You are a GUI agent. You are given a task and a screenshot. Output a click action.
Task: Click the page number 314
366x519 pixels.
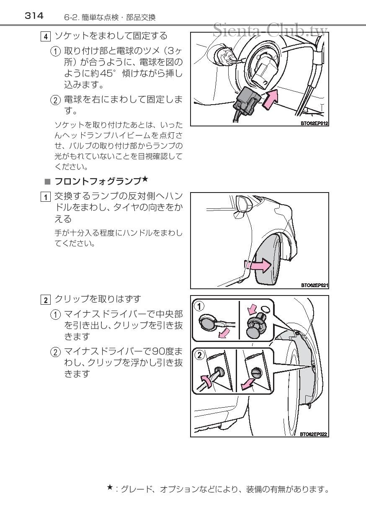[34, 16]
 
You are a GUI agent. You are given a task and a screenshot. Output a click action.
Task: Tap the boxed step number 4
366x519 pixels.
[45, 36]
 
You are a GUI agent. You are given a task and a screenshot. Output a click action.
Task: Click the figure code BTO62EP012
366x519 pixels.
[314, 123]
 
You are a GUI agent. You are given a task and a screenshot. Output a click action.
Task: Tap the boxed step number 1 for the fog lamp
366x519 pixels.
[44, 196]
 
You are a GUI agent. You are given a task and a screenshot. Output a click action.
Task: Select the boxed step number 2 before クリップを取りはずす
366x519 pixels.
[44, 300]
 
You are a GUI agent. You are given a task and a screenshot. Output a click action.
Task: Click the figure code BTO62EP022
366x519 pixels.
[314, 434]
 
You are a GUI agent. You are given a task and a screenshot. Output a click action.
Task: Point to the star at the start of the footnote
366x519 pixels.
[110, 487]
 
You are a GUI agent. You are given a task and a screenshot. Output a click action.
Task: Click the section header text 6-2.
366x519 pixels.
[70, 18]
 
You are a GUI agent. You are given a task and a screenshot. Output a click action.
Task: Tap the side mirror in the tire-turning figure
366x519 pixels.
[243, 204]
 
